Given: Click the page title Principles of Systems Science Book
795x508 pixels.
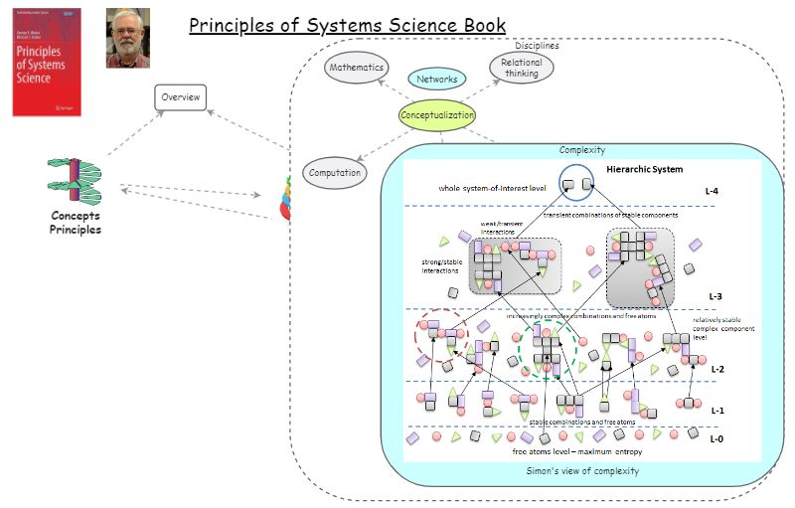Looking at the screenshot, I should click(x=347, y=25).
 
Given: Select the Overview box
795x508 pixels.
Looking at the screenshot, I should click(x=181, y=97).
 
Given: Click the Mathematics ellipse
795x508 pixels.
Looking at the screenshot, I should click(x=357, y=68).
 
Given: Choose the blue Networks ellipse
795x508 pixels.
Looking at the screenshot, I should click(x=436, y=79).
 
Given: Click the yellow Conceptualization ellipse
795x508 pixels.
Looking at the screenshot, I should click(x=437, y=115).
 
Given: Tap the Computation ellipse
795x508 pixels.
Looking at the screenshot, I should click(x=334, y=172).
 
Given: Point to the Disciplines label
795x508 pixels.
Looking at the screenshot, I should click(x=537, y=46).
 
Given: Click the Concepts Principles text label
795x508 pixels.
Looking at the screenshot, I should click(x=76, y=223).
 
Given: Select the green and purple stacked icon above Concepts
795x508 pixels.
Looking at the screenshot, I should click(x=75, y=179).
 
